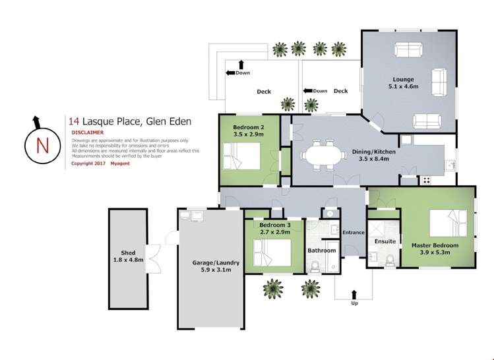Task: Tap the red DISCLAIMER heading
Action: pos(89,132)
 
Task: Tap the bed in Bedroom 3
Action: pos(273,251)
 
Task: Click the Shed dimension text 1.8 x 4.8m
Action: pos(128,259)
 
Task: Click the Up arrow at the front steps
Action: pos(354,294)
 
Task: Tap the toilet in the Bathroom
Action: pos(315,264)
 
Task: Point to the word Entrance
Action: pos(354,232)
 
